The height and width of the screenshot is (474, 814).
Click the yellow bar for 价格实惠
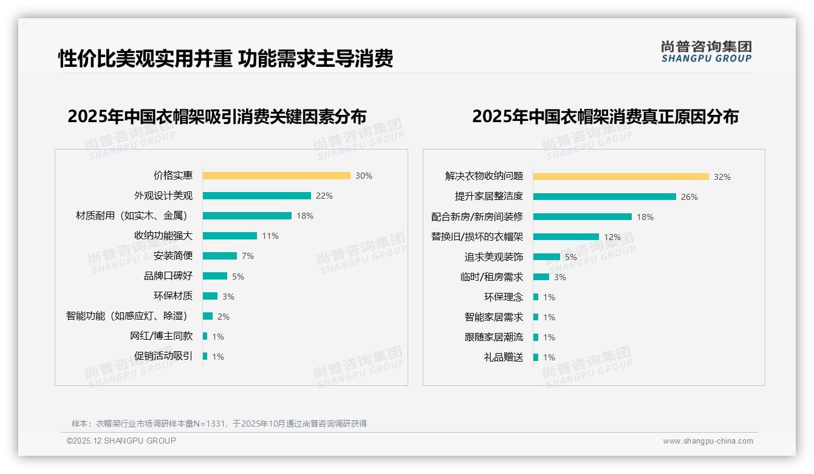276,176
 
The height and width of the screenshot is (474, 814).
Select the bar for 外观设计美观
256,196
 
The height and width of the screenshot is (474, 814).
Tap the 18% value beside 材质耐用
305,216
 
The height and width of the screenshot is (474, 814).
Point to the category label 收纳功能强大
163,236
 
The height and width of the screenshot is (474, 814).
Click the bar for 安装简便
219,256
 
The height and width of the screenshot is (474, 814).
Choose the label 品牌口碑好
168,276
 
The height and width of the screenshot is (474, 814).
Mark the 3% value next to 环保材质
228,297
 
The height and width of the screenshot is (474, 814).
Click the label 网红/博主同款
161,336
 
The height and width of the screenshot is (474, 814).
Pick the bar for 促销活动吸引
205,356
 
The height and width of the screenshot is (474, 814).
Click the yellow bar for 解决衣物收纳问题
621,177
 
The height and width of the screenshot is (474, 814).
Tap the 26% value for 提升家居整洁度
689,197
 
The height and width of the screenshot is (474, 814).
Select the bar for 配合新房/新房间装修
583,216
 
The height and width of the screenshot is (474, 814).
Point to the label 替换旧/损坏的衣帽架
477,237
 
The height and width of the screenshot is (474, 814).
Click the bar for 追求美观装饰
547,257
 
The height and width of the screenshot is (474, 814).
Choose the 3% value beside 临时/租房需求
559,277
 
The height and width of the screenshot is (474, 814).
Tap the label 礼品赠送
503,357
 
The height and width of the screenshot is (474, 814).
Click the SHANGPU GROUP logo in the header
706,52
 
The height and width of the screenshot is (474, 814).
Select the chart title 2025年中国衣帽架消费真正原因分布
605,117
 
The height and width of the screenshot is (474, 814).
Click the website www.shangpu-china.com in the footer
708,441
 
